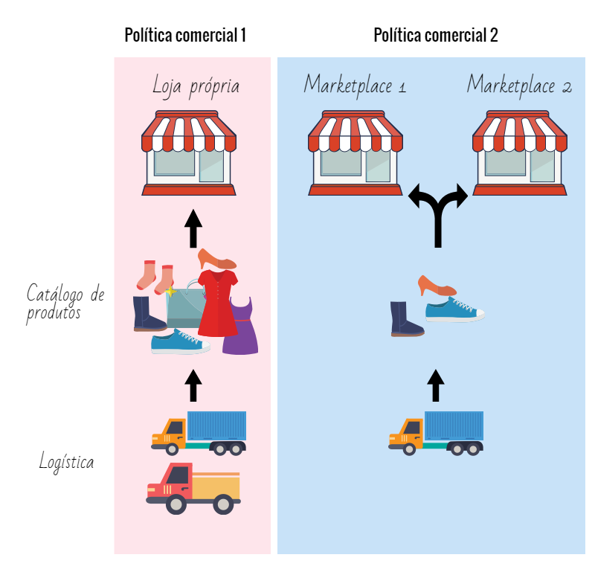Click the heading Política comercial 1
point(185,35)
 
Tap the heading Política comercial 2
point(435,35)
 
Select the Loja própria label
point(196,86)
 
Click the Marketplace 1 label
point(355,86)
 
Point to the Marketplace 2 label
point(519,86)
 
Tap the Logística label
point(67,462)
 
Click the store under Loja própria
point(189,153)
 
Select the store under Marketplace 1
point(356,153)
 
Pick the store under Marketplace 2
point(520,153)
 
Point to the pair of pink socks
point(155,275)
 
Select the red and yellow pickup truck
point(193,489)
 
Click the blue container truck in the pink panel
point(199,432)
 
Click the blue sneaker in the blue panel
point(454,309)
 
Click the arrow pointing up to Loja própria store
point(193,228)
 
